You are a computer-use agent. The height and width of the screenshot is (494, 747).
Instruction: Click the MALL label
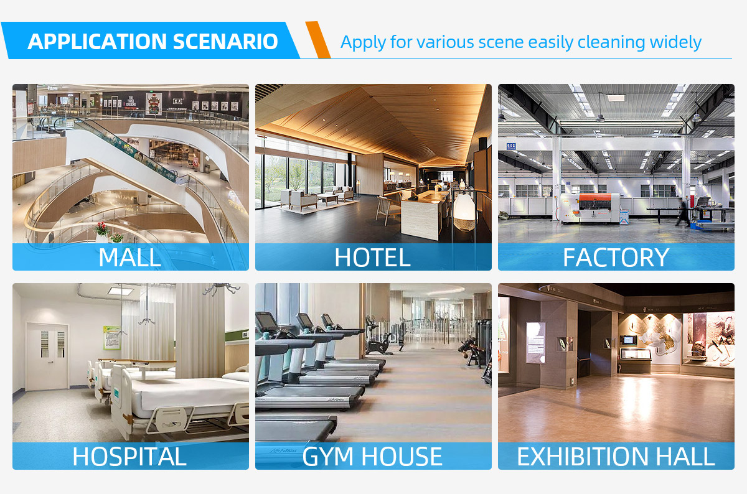[129, 257]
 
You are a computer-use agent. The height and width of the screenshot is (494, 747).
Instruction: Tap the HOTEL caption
[372, 257]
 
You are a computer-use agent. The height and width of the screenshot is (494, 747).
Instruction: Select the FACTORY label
[616, 257]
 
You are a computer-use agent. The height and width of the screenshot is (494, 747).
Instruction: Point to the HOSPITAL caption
[129, 456]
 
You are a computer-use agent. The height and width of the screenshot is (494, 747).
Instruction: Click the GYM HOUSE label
[372, 456]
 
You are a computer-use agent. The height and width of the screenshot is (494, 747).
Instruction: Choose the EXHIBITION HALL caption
[616, 456]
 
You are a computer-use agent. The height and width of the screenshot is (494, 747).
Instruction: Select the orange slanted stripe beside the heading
[318, 39]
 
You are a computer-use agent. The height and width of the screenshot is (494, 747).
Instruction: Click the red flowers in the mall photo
[101, 229]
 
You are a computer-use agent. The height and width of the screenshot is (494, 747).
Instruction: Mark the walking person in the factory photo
[684, 211]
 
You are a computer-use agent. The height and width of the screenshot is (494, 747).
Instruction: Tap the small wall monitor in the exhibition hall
[629, 340]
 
